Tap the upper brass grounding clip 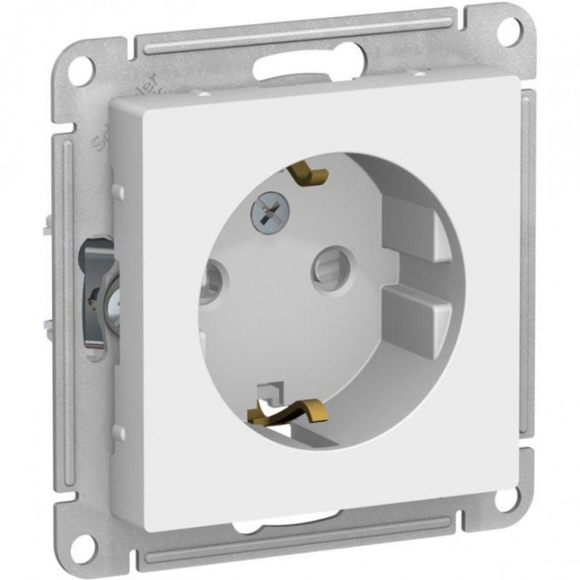tap(308, 173)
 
